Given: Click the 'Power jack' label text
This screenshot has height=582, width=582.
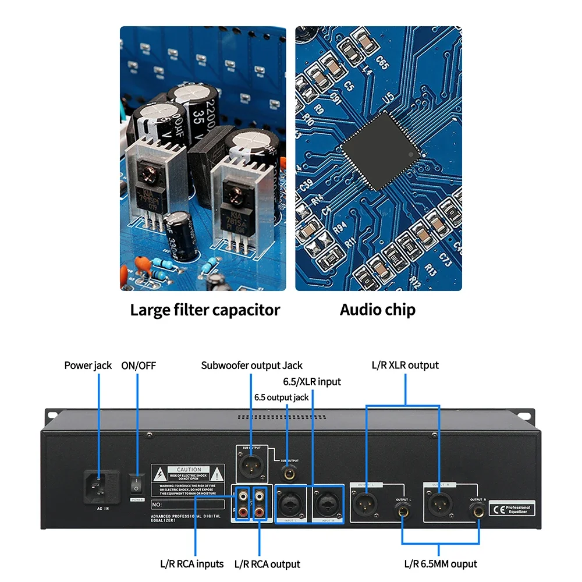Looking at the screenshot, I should [88, 365].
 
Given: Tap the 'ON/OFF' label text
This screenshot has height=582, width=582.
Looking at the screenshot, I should [139, 365].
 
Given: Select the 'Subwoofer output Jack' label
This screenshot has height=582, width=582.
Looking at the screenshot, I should [251, 365].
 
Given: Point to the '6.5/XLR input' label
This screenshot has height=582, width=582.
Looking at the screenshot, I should [312, 382].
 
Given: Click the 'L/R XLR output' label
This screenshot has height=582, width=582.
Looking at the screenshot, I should [405, 365].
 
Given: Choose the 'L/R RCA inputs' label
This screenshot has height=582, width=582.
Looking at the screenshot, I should [191, 563].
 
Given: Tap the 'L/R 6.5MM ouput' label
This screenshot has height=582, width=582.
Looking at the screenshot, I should [441, 563].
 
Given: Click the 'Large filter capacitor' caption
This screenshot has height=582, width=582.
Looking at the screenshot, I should [205, 310].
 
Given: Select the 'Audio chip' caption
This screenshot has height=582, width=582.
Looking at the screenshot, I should [378, 310].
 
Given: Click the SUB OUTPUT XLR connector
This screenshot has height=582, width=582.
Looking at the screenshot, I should [251, 463].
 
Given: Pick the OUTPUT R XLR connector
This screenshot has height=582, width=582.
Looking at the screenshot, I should [438, 503].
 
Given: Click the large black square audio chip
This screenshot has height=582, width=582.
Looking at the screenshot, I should [381, 151].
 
